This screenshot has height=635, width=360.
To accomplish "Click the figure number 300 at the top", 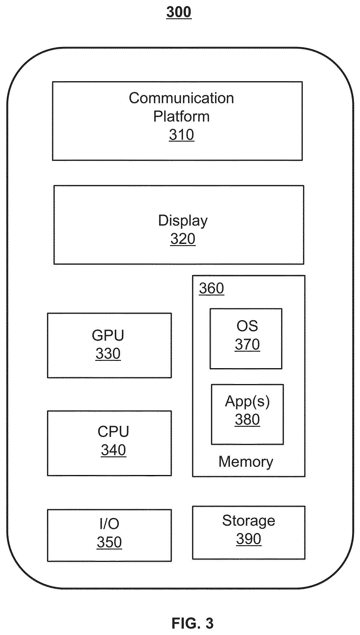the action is pyautogui.click(x=179, y=12).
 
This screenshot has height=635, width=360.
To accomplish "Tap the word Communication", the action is pyautogui.click(x=181, y=98).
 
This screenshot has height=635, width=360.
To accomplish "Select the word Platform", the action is pyautogui.click(x=181, y=116).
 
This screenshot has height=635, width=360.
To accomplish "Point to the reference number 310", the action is pyautogui.click(x=182, y=135).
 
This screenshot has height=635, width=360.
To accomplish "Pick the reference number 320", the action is pyautogui.click(x=183, y=239).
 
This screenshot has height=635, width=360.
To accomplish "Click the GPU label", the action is pyautogui.click(x=108, y=335).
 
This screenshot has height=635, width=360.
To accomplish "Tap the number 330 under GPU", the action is pyautogui.click(x=108, y=354).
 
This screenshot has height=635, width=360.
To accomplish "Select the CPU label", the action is pyautogui.click(x=113, y=431).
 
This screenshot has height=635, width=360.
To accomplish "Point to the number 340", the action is pyautogui.click(x=113, y=450).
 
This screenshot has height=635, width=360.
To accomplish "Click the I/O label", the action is pyautogui.click(x=109, y=524).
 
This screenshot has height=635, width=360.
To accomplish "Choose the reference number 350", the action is pyautogui.click(x=109, y=542).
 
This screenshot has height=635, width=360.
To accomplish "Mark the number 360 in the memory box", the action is pyautogui.click(x=211, y=288).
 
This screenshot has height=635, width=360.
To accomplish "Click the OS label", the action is pyautogui.click(x=247, y=326).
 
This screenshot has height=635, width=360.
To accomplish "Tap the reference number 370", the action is pyautogui.click(x=247, y=344).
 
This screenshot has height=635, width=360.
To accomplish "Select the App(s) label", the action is pyautogui.click(x=247, y=401).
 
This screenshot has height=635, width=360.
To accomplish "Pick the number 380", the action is pyautogui.click(x=247, y=419).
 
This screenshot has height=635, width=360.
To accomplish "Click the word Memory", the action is pyautogui.click(x=246, y=462).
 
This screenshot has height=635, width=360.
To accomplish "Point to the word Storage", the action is pyautogui.click(x=249, y=521).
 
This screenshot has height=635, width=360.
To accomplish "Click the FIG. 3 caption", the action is pyautogui.click(x=192, y=623).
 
